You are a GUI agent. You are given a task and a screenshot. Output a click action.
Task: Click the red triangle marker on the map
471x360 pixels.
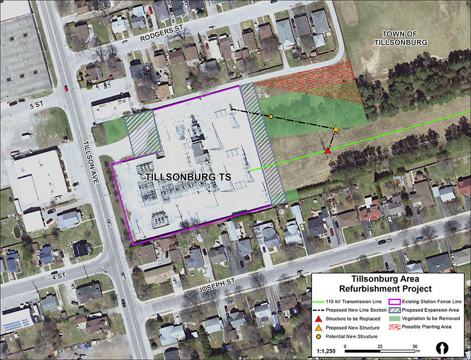pos(328,151)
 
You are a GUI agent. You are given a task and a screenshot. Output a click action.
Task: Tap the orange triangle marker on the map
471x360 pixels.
pos(336,129)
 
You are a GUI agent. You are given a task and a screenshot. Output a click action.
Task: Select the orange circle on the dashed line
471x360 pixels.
pos(271,117)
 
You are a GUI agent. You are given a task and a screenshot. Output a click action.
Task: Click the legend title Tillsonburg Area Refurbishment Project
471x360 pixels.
pos(391,284)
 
